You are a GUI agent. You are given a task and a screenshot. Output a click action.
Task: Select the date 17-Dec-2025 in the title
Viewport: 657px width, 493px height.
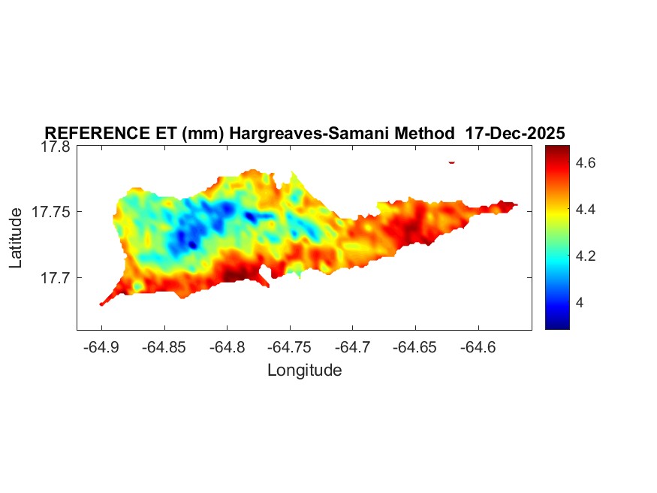pos(515,134)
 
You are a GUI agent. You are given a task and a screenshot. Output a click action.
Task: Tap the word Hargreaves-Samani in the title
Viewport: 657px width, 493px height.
pos(293,134)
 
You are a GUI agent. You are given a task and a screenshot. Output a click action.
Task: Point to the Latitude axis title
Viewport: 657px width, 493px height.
pos(17,238)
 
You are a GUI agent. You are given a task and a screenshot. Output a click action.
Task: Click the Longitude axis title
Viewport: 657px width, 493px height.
pos(305,370)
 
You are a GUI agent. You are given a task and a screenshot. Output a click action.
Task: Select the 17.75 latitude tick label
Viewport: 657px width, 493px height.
pos(50,213)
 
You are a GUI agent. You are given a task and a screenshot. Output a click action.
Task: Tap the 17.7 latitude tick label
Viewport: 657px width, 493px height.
pos(54,278)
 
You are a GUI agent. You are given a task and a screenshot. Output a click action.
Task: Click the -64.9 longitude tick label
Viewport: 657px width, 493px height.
pos(102,347)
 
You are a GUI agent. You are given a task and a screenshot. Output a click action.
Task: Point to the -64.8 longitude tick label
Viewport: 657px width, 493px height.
pos(228,347)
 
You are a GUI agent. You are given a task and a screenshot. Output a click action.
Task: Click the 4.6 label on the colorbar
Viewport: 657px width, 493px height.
pos(587,162)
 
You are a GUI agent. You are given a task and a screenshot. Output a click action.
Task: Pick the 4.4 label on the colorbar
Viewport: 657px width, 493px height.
pos(587,209)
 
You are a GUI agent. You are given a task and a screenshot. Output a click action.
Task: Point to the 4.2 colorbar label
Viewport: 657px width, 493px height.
pos(587,256)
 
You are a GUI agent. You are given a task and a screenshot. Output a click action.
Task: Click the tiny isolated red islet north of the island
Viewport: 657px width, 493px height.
pos(452,162)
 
